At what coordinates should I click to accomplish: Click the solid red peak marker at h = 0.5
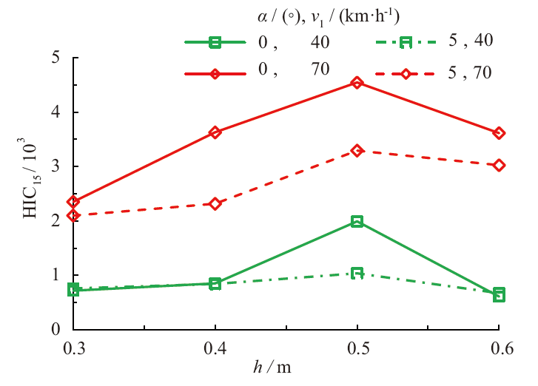pyautogui.click(x=357, y=83)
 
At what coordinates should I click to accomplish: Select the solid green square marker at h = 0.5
pyautogui.click(x=357, y=221)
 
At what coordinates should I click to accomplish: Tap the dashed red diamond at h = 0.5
pyautogui.click(x=357, y=150)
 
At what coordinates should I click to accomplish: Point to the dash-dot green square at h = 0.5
pyautogui.click(x=357, y=273)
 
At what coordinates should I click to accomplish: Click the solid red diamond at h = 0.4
pyautogui.click(x=215, y=132)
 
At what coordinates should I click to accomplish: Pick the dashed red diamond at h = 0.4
pyautogui.click(x=215, y=203)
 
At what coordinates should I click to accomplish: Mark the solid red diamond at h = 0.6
pyautogui.click(x=499, y=133)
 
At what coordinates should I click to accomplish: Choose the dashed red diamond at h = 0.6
pyautogui.click(x=499, y=165)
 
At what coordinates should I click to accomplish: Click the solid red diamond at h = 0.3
pyautogui.click(x=73, y=201)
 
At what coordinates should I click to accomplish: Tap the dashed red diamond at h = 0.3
pyautogui.click(x=73, y=215)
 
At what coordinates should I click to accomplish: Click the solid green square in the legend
pyautogui.click(x=215, y=42)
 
